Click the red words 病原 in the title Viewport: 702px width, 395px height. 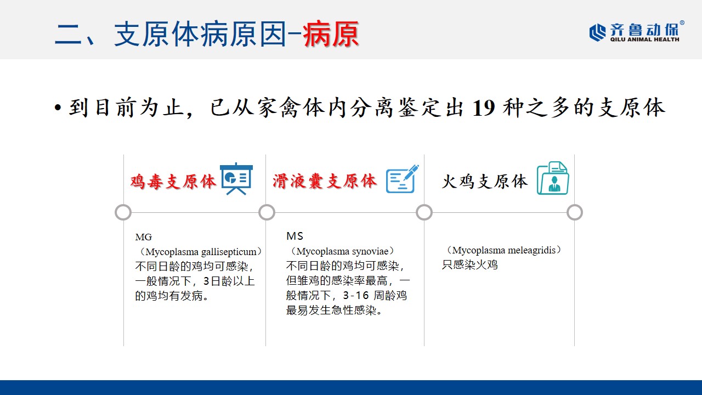(331, 34)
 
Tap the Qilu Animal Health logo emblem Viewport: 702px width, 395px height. (598, 32)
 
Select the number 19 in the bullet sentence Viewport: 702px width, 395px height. (484, 108)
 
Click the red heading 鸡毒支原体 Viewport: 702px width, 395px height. (173, 182)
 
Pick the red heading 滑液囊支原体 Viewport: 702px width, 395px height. (325, 181)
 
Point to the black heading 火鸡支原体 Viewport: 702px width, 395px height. (485, 182)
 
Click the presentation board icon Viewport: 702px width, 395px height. (236, 179)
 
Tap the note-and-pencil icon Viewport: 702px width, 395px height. (403, 179)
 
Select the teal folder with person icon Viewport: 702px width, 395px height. (553, 178)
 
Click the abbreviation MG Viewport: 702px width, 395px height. (144, 237)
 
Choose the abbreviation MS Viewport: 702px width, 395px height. (295, 236)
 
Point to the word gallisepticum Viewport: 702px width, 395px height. (229, 252)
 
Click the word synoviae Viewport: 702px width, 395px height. (370, 251)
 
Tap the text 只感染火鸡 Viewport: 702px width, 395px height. (470, 265)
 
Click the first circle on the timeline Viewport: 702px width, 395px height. (123, 212)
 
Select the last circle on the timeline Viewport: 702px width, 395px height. (574, 212)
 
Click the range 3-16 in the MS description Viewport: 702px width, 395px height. (356, 295)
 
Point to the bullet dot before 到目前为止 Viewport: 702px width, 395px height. (58, 108)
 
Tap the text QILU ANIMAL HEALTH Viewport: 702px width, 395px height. (644, 39)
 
